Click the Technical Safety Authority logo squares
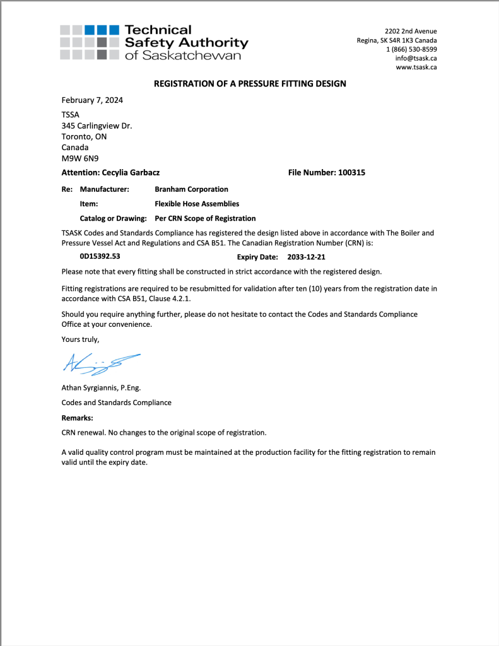(x=90, y=42)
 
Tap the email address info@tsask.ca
(x=416, y=58)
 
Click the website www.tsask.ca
(x=416, y=67)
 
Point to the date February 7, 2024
(x=92, y=100)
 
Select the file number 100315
(x=352, y=172)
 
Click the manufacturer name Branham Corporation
(x=191, y=189)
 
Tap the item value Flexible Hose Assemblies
(x=197, y=204)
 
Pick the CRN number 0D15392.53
(x=100, y=257)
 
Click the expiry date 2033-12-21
(x=306, y=257)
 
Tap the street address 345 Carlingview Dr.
(x=97, y=126)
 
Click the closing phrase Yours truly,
(x=80, y=339)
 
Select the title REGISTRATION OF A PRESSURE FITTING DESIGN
(x=250, y=83)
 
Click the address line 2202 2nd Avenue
(x=411, y=32)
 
